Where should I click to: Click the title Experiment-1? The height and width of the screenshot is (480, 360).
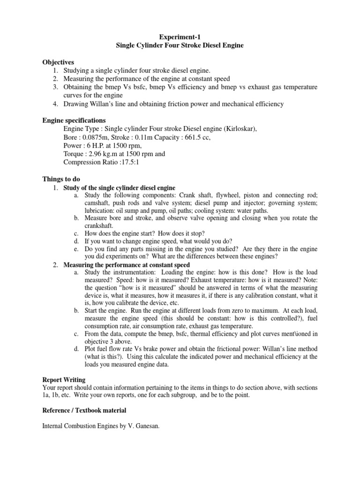(180, 36)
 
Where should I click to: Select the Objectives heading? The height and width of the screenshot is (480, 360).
(58, 62)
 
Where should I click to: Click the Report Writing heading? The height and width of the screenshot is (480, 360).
(64, 380)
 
